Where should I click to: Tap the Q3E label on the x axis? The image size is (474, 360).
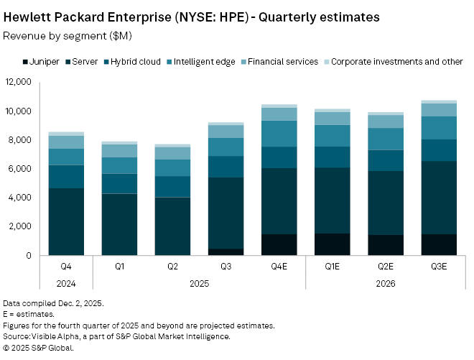[438, 267]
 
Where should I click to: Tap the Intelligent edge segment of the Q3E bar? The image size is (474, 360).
[438, 128]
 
